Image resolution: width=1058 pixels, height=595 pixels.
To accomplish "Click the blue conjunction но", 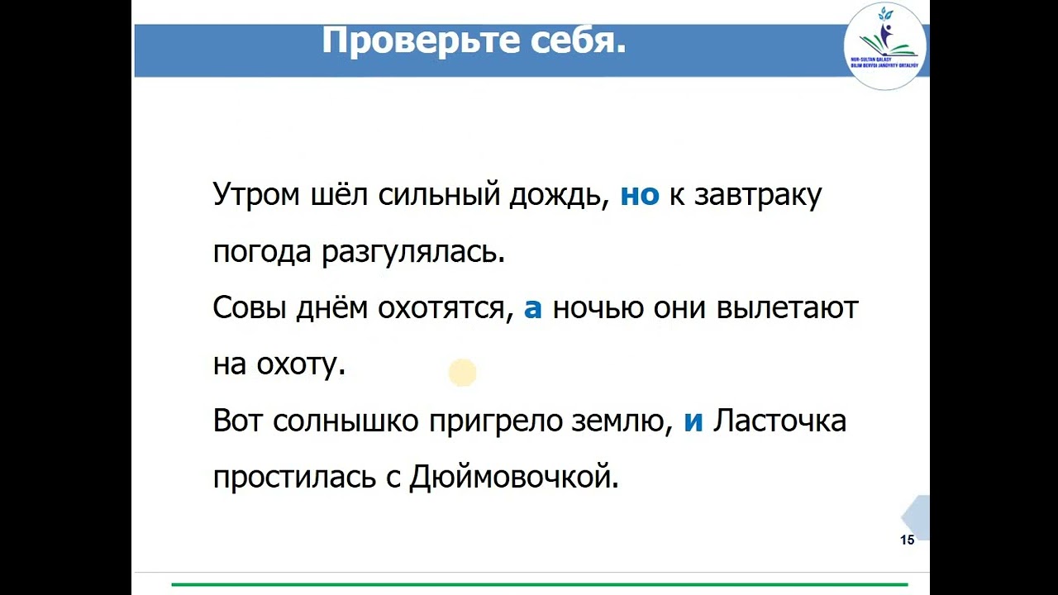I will pos(640,195).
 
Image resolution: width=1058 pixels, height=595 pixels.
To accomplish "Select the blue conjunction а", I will pos(533,308).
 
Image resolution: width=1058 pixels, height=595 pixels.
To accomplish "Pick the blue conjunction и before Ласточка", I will pos(693,421).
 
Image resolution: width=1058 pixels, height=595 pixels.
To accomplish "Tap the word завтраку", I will pos(758,197).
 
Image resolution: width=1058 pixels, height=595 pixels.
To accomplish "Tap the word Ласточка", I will pos(779,421).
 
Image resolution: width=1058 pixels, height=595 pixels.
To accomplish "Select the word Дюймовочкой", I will pos(514,478).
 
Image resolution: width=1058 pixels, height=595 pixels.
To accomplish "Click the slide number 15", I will pos(907,540).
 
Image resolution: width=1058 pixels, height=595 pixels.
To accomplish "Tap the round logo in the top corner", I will pos(885,46).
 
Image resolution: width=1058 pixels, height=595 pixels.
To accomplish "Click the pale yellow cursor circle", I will pos(463,373).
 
